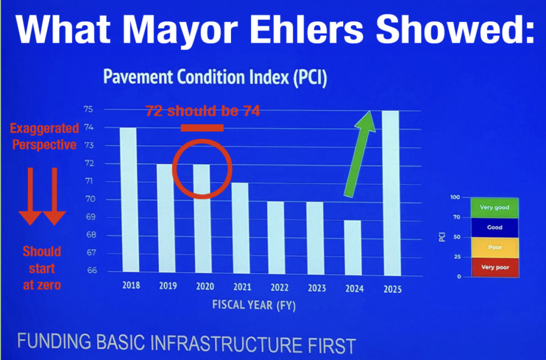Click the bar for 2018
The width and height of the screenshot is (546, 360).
click(128, 200)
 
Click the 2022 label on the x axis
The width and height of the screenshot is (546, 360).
click(279, 287)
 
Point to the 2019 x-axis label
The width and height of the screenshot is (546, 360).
click(168, 286)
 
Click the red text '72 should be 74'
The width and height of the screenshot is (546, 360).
click(203, 111)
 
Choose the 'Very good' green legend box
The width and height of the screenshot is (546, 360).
click(494, 207)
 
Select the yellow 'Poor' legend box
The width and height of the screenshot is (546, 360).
click(495, 248)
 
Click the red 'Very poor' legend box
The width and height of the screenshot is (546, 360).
click(495, 267)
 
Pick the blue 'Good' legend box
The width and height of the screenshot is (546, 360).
click(495, 228)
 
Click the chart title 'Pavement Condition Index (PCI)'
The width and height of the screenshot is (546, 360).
click(215, 77)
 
